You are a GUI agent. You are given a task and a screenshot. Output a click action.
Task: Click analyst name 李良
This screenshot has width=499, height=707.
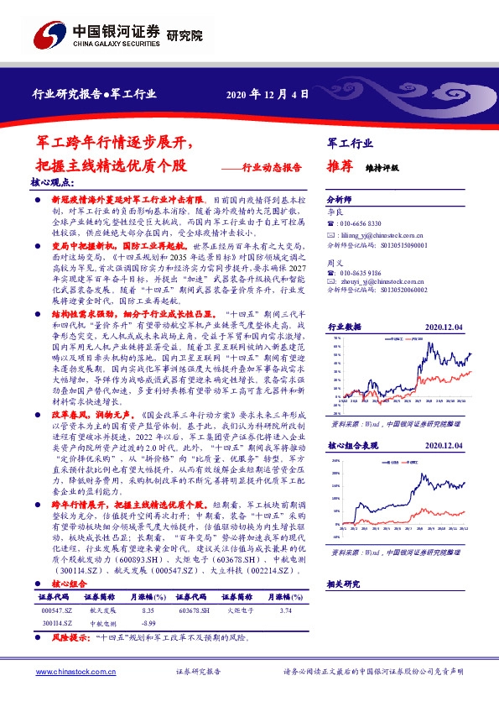[x=334, y=213]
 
